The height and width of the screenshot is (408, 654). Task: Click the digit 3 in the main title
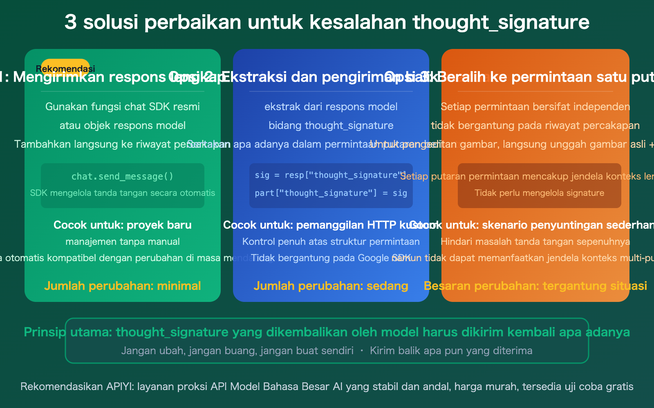point(70,22)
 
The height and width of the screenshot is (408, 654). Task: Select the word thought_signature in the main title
point(501,22)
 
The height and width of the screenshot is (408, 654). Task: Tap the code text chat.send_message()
point(123,176)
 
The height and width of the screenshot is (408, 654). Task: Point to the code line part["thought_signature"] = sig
point(331,193)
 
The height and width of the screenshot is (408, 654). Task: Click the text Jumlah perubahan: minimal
point(123,286)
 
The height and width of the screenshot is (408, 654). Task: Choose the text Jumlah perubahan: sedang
point(331,286)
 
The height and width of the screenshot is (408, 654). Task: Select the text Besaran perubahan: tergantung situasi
point(535,286)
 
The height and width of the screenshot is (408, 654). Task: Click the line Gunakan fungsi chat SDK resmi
point(123,107)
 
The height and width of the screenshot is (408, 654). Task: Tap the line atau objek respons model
point(123,126)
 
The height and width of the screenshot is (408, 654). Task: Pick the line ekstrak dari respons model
point(331,107)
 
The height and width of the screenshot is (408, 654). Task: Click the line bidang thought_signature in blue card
point(331,126)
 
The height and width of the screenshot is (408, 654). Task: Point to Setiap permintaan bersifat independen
point(535,107)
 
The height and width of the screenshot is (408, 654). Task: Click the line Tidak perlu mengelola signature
point(539,193)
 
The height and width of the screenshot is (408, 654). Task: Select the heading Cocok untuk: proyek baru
point(123,225)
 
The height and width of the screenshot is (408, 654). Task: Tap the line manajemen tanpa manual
point(123,242)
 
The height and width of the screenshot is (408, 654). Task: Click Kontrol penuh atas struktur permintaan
point(331,242)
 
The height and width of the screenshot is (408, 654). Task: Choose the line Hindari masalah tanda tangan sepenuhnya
point(535,242)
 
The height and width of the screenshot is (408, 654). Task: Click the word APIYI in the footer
point(119,387)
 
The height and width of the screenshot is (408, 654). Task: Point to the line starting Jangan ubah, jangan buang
point(237,351)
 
